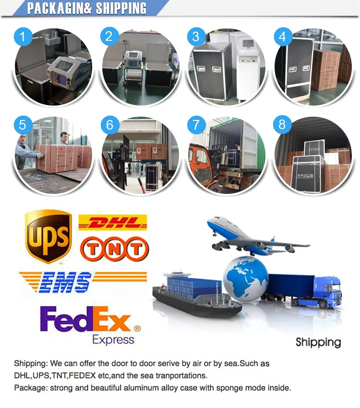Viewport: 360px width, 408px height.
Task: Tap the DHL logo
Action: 112,223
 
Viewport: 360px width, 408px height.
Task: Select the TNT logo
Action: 114,249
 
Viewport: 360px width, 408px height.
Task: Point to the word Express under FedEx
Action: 113,339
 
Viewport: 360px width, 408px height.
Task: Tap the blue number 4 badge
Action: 282,36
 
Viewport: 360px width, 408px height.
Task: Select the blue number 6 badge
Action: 110,125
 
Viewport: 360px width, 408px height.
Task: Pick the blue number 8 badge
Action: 282,125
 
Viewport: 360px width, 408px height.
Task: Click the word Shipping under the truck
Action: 318,342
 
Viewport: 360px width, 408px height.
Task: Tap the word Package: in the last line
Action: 30,388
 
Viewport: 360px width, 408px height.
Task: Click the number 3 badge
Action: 195,36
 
